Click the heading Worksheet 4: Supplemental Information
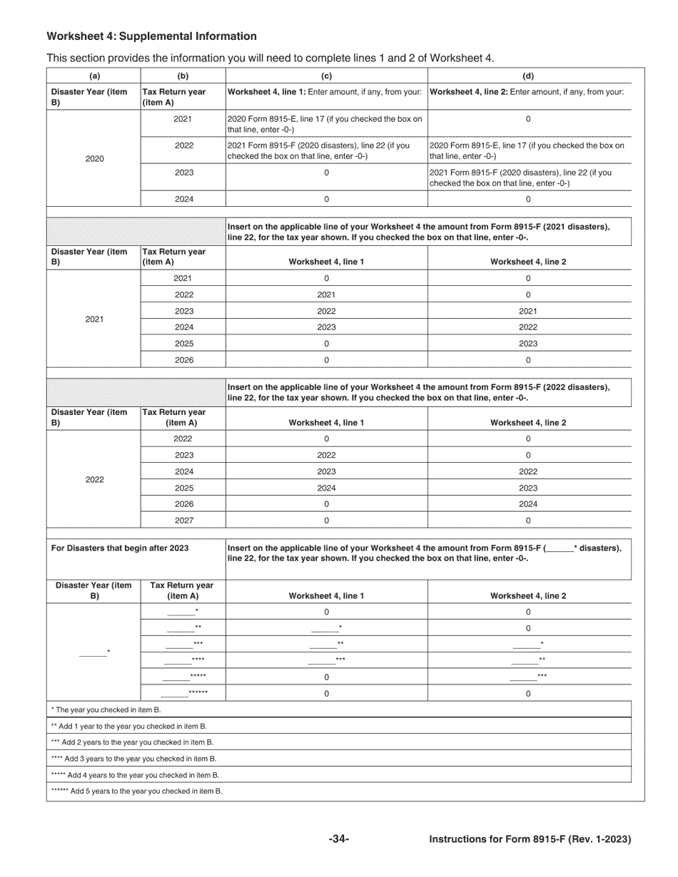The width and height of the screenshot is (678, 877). [x=151, y=36]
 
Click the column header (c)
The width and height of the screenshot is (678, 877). [x=326, y=76]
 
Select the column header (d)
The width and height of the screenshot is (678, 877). [x=528, y=76]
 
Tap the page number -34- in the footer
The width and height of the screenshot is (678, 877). [x=338, y=840]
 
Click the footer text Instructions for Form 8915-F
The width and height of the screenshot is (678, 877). [x=530, y=840]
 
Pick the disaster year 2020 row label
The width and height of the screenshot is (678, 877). [x=94, y=159]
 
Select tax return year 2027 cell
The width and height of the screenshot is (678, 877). [x=183, y=520]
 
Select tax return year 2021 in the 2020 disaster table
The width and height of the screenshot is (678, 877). [x=183, y=119]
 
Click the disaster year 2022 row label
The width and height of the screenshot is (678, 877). [x=94, y=480]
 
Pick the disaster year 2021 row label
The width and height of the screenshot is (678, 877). [x=94, y=319]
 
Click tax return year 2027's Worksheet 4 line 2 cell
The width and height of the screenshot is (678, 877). [x=528, y=520]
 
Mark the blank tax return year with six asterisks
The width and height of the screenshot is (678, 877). [x=183, y=693]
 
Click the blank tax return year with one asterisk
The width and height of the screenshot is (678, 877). [x=183, y=612]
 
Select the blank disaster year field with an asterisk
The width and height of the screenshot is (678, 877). [x=94, y=652]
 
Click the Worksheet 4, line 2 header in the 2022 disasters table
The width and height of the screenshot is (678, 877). [x=528, y=423]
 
